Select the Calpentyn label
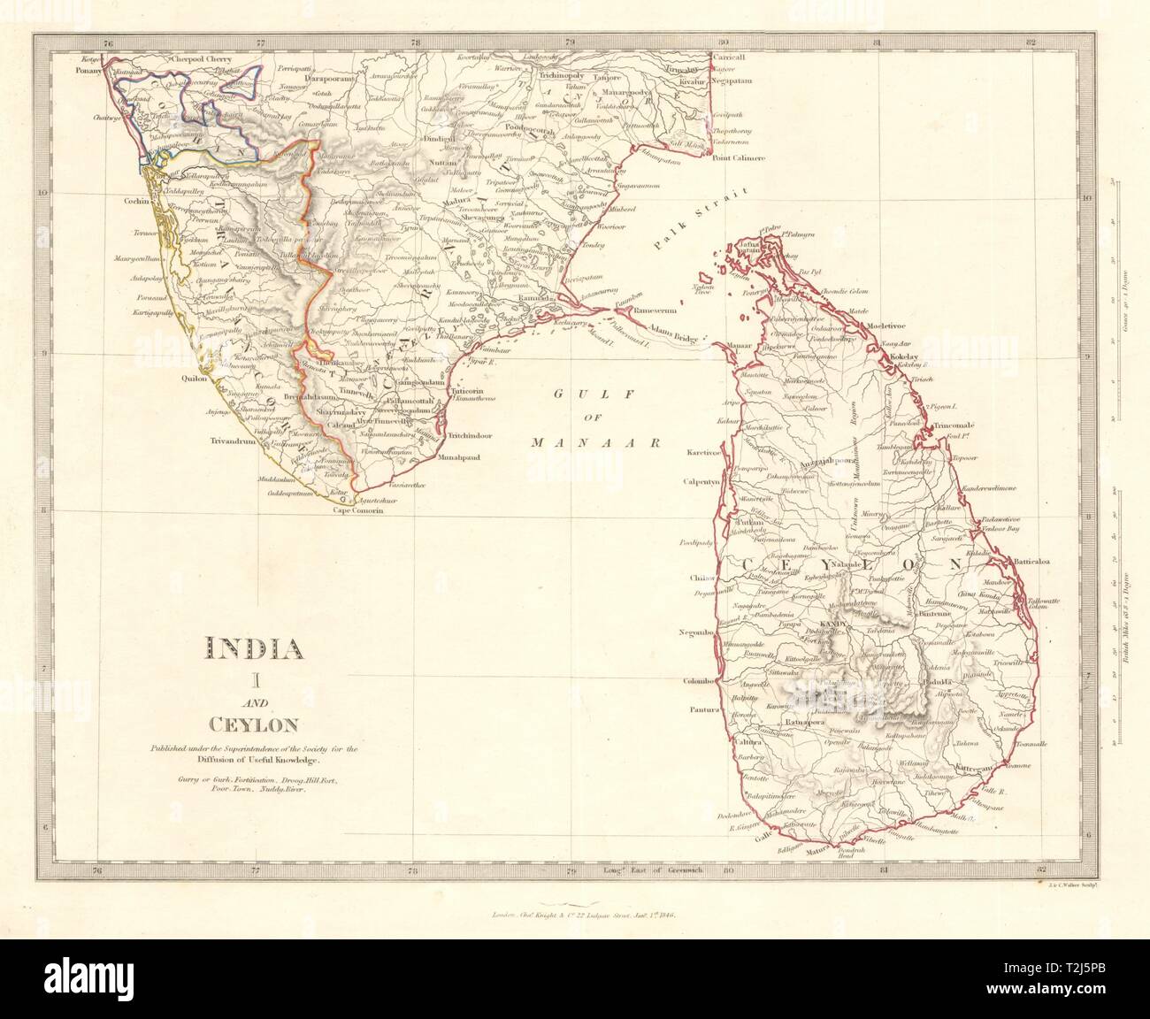pyautogui.click(x=701, y=482)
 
